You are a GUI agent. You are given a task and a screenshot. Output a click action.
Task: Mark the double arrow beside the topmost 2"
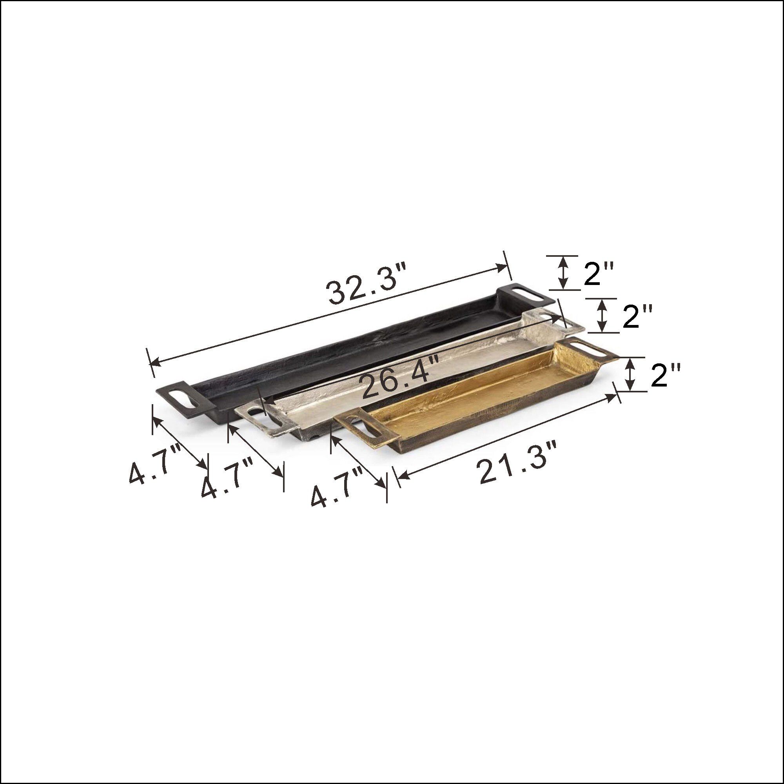[563, 273]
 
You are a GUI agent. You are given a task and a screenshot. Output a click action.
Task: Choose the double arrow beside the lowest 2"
[630, 374]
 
